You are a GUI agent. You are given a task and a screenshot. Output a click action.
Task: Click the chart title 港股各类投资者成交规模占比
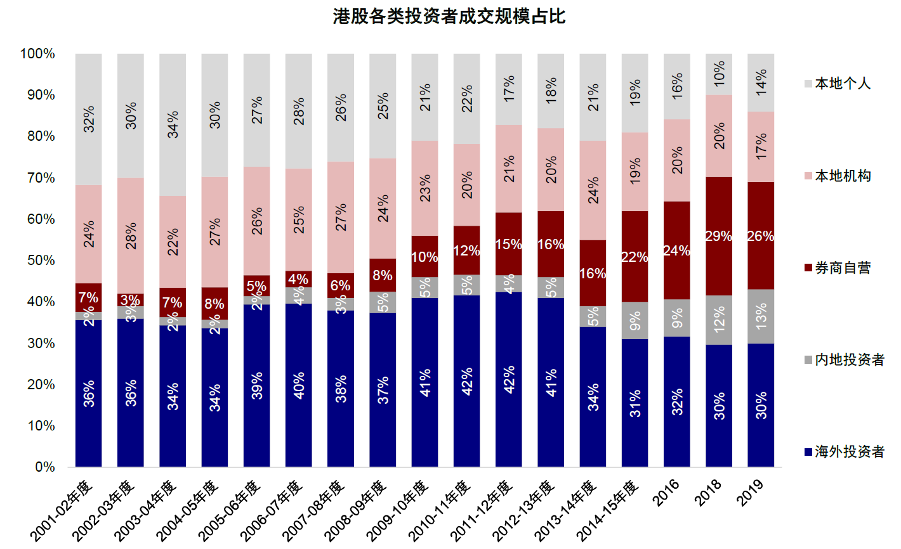(449, 16)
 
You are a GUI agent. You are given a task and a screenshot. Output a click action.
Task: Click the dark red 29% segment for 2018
(719, 236)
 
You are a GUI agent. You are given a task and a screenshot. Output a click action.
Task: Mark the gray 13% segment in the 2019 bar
(761, 316)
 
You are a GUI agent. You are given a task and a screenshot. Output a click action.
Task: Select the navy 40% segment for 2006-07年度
(298, 385)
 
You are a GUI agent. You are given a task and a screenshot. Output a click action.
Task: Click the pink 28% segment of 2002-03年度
(131, 236)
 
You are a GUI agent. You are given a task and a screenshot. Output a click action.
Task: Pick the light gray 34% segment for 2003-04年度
(173, 124)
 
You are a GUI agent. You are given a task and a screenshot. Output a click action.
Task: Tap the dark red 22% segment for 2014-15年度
(635, 257)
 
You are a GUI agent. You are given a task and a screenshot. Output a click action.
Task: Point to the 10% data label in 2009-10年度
(424, 257)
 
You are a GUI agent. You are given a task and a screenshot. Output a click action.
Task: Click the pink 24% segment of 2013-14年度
(593, 190)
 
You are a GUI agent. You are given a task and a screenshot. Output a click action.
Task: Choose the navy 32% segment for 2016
(676, 402)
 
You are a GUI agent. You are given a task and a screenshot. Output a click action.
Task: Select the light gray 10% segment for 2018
(719, 74)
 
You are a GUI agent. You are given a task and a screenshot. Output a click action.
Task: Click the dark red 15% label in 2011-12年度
(508, 244)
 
